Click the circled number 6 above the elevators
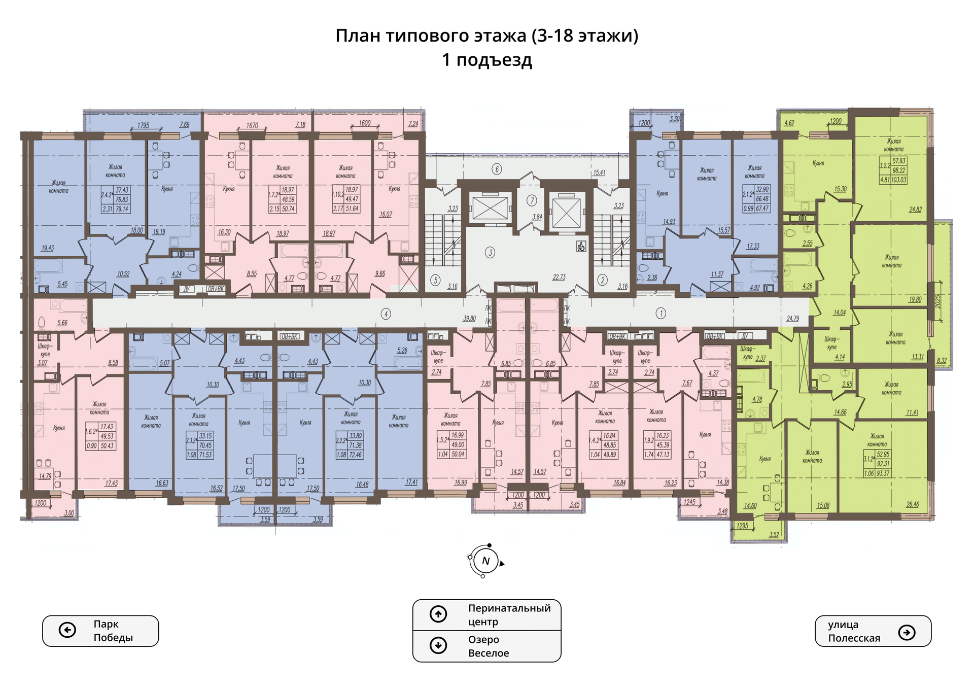click(497, 169)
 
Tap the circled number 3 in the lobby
click(490, 252)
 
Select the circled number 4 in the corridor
click(386, 314)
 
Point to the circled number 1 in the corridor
click(660, 314)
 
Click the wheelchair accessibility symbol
click(581, 247)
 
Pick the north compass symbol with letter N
click(485, 561)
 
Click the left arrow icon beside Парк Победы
click(67, 630)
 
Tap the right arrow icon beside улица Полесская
click(907, 632)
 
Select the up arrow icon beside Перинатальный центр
click(438, 614)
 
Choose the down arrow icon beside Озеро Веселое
click(438, 645)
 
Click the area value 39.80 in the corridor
click(469, 319)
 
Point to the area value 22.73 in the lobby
click(559, 277)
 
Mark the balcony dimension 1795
click(143, 125)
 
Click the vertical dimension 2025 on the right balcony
click(938, 301)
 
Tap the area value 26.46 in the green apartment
click(912, 504)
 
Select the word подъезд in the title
click(494, 60)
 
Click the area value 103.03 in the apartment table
click(899, 180)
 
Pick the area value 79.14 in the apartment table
click(122, 209)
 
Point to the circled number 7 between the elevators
click(532, 200)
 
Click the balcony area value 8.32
click(942, 361)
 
